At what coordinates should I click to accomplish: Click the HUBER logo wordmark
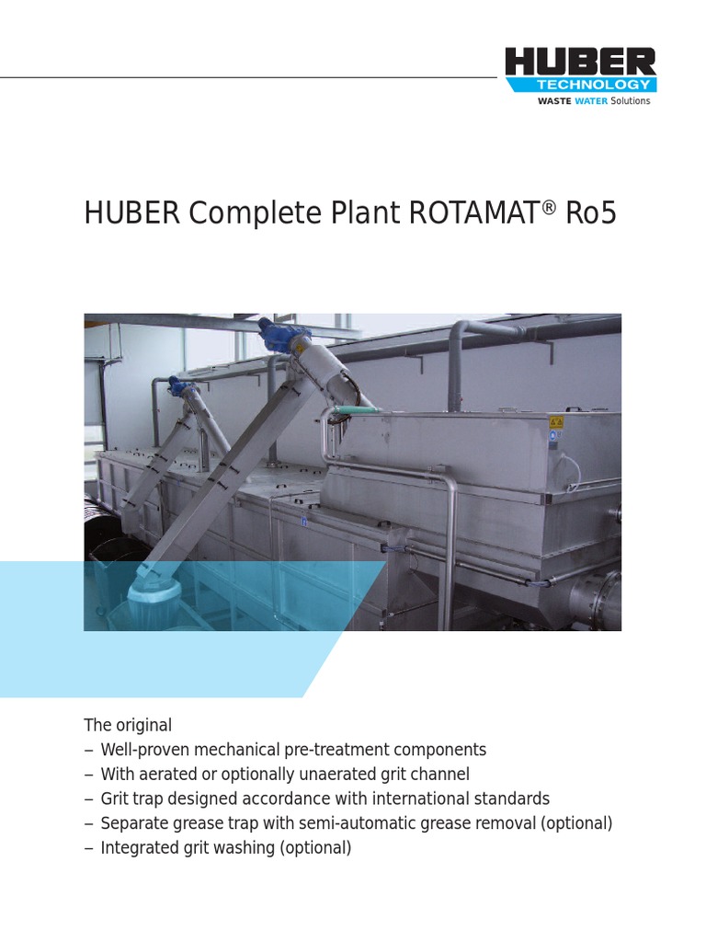tap(580, 63)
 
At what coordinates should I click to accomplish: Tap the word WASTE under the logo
tap(553, 101)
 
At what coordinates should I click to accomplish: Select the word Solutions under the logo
tap(631, 101)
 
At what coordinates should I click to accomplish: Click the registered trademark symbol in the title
tap(550, 206)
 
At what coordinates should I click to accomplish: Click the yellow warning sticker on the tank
tap(555, 422)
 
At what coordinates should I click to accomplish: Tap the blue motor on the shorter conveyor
tap(177, 385)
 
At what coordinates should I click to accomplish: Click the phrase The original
tap(128, 725)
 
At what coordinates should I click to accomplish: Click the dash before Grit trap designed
tap(88, 798)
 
